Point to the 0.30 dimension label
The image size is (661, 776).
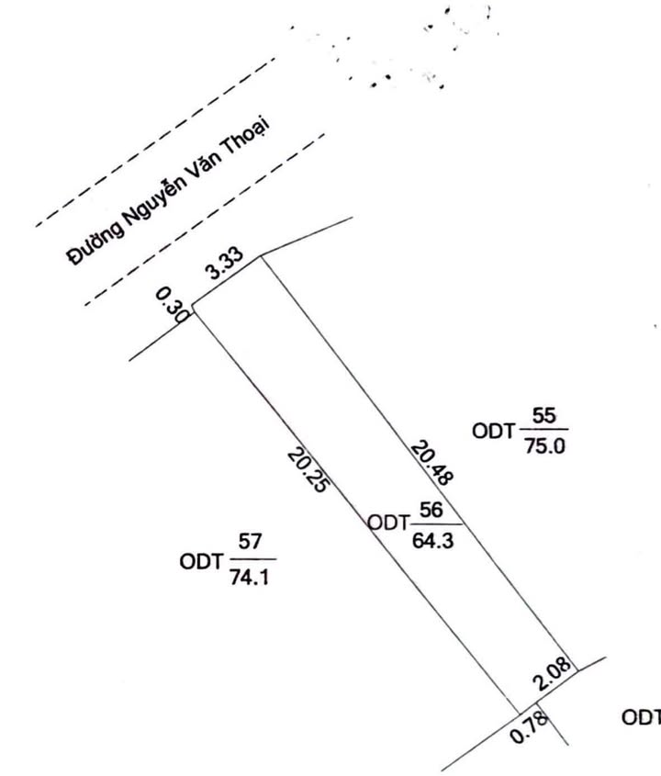(x=172, y=303)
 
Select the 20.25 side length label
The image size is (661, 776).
(x=306, y=469)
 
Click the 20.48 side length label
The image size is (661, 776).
(x=431, y=462)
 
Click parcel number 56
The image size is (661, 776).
(x=431, y=511)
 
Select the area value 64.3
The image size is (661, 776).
(x=431, y=539)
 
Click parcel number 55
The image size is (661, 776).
(x=543, y=416)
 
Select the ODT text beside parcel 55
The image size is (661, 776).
(x=493, y=429)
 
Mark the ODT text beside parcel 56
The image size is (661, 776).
(x=388, y=523)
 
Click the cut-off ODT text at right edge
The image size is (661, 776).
(x=642, y=717)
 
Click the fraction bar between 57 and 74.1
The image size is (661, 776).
(x=250, y=558)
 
